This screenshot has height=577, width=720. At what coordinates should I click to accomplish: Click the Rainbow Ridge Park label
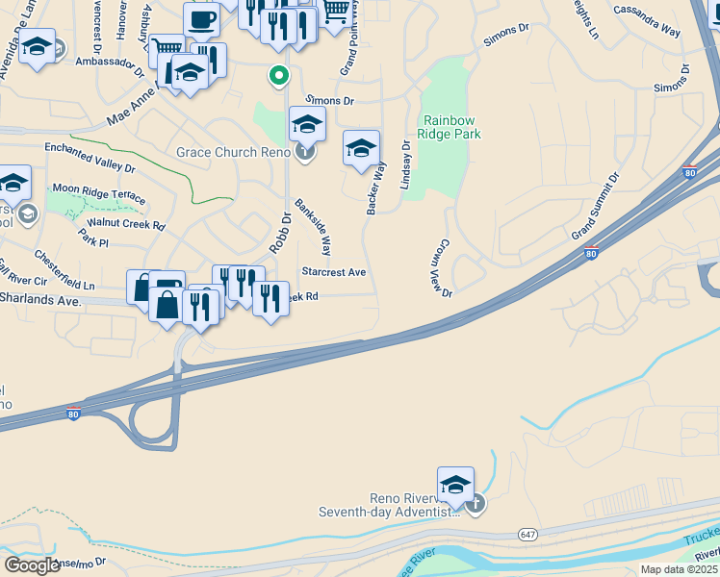[450, 128]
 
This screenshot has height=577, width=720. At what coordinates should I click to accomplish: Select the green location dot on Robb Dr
[279, 75]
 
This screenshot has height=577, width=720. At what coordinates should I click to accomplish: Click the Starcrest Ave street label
[333, 272]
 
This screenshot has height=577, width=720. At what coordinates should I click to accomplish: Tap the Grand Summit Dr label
[597, 208]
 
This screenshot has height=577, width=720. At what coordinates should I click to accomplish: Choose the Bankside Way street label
[313, 227]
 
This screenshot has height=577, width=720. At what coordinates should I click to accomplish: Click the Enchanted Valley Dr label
[90, 157]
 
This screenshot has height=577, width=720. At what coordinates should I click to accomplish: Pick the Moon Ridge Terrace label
[98, 191]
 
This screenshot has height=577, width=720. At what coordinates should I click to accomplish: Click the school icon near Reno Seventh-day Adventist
[455, 485]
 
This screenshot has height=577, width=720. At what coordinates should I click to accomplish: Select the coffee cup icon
[202, 19]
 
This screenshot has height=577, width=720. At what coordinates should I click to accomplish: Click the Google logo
[32, 565]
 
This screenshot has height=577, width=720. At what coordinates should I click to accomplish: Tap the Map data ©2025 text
[679, 569]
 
